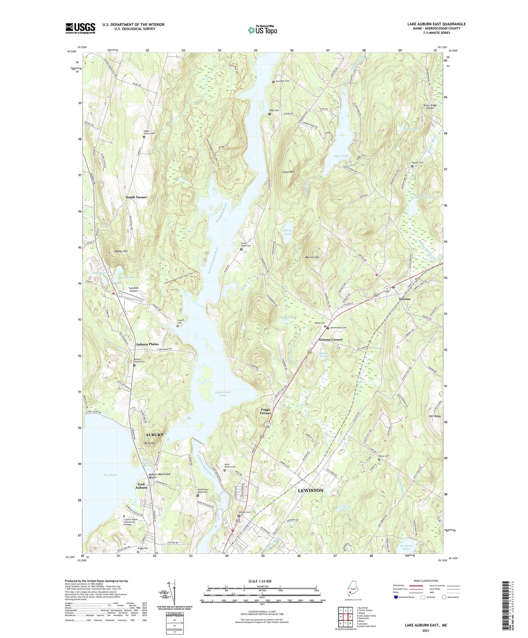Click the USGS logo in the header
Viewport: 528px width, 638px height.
(80, 28)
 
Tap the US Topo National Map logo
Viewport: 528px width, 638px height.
(262, 30)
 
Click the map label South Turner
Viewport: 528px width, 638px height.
(136, 197)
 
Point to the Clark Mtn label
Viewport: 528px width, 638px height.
(288, 172)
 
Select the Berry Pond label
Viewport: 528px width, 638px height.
(288, 232)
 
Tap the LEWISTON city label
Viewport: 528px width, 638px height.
(310, 490)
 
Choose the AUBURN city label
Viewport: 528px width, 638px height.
(155, 435)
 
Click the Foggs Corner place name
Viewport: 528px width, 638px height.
(266, 411)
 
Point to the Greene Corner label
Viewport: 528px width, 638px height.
(331, 340)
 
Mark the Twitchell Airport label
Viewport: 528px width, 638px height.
(133, 289)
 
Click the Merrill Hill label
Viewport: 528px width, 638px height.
(312, 257)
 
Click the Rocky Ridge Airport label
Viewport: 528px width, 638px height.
(430, 107)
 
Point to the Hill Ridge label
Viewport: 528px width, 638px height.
(435, 416)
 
